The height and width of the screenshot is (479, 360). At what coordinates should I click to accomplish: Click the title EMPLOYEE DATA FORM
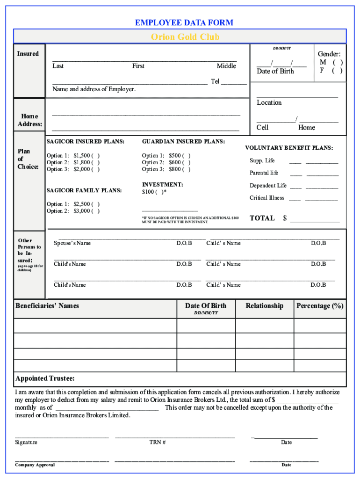click(x=184, y=22)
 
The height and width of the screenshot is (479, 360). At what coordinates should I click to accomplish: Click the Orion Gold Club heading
click(x=185, y=37)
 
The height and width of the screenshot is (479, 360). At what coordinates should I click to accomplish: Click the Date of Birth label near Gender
click(x=275, y=71)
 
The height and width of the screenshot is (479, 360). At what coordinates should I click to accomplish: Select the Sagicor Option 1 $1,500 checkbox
click(x=95, y=156)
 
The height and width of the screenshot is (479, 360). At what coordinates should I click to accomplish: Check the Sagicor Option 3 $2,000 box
click(x=95, y=169)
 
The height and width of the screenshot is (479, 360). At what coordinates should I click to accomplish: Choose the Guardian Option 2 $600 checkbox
click(x=187, y=162)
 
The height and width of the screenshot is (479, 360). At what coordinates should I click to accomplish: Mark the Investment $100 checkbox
click(x=162, y=192)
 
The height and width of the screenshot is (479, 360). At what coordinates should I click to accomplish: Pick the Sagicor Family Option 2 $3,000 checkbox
click(x=95, y=211)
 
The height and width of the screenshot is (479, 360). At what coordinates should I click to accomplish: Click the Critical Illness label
click(x=267, y=198)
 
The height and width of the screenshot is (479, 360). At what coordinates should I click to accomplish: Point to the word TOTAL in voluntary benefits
click(x=262, y=218)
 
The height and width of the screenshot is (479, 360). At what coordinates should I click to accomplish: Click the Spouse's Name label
click(x=72, y=243)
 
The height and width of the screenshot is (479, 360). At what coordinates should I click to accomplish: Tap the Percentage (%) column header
click(x=320, y=306)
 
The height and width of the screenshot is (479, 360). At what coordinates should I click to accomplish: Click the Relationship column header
click(x=265, y=306)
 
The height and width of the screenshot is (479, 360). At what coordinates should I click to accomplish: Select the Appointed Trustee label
click(x=45, y=378)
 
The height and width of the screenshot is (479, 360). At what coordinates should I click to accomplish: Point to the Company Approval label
click(x=35, y=464)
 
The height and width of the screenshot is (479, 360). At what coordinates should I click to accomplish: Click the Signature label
click(x=26, y=442)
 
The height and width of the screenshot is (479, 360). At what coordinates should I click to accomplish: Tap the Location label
click(x=269, y=102)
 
